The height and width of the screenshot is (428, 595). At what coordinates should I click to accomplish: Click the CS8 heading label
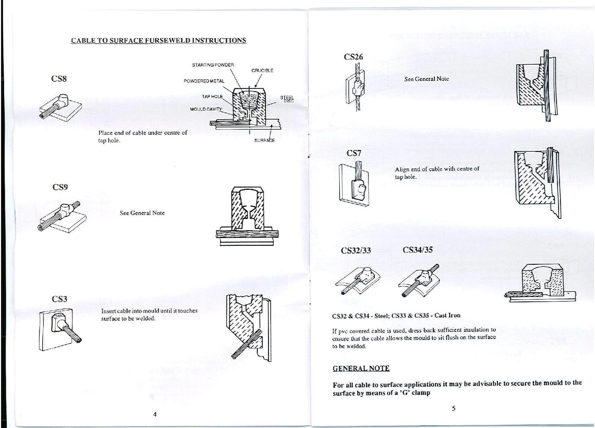point(59,79)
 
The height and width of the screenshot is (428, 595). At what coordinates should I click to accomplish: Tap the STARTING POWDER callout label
point(213,65)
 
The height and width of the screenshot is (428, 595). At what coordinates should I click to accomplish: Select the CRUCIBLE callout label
point(262,71)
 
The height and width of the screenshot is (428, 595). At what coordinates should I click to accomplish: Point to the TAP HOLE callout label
point(212,97)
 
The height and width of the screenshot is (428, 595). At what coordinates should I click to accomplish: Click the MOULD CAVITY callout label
point(206,109)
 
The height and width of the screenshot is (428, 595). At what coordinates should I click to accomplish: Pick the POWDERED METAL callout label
point(204,81)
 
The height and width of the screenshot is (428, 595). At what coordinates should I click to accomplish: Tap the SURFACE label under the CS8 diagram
point(264,140)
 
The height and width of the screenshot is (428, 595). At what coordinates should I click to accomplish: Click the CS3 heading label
point(59,299)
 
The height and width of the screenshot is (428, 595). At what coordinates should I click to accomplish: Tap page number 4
point(155,415)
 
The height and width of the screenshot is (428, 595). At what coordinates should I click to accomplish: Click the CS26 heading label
point(353,57)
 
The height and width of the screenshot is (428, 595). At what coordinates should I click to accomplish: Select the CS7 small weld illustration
point(353,186)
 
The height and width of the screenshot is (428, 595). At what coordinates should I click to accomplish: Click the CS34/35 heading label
point(418,249)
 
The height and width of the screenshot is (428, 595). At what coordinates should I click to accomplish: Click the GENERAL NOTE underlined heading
point(361,368)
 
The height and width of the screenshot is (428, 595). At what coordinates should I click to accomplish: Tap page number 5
point(453,409)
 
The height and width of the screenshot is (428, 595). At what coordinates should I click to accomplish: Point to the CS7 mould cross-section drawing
point(537,182)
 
